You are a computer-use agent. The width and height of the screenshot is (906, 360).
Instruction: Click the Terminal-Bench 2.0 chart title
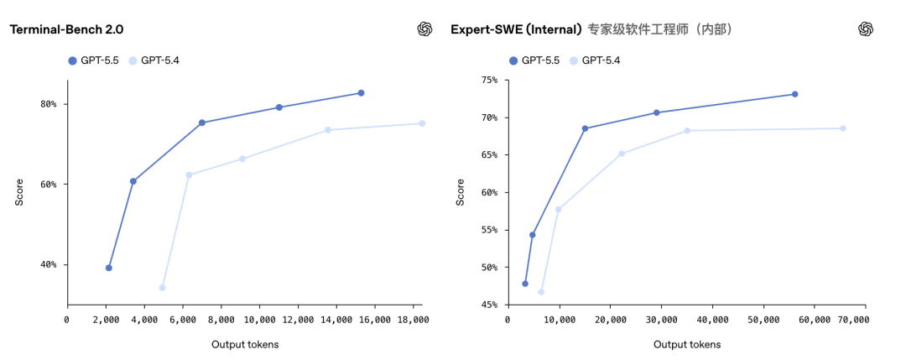(66, 29)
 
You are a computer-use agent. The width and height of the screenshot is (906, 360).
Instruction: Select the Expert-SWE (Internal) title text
(516, 29)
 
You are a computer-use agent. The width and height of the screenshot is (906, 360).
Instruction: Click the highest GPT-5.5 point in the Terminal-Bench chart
(361, 93)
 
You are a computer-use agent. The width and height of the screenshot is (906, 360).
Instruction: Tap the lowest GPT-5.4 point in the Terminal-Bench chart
(162, 288)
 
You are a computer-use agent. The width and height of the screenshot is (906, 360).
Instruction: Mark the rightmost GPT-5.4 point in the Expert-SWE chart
(843, 128)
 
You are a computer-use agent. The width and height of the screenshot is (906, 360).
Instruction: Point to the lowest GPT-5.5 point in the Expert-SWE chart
(525, 284)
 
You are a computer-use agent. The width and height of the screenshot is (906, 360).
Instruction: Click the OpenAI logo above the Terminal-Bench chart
(424, 29)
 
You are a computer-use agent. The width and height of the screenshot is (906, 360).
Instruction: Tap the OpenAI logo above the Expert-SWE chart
(866, 29)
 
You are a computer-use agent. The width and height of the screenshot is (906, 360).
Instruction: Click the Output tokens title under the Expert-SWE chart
(686, 344)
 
